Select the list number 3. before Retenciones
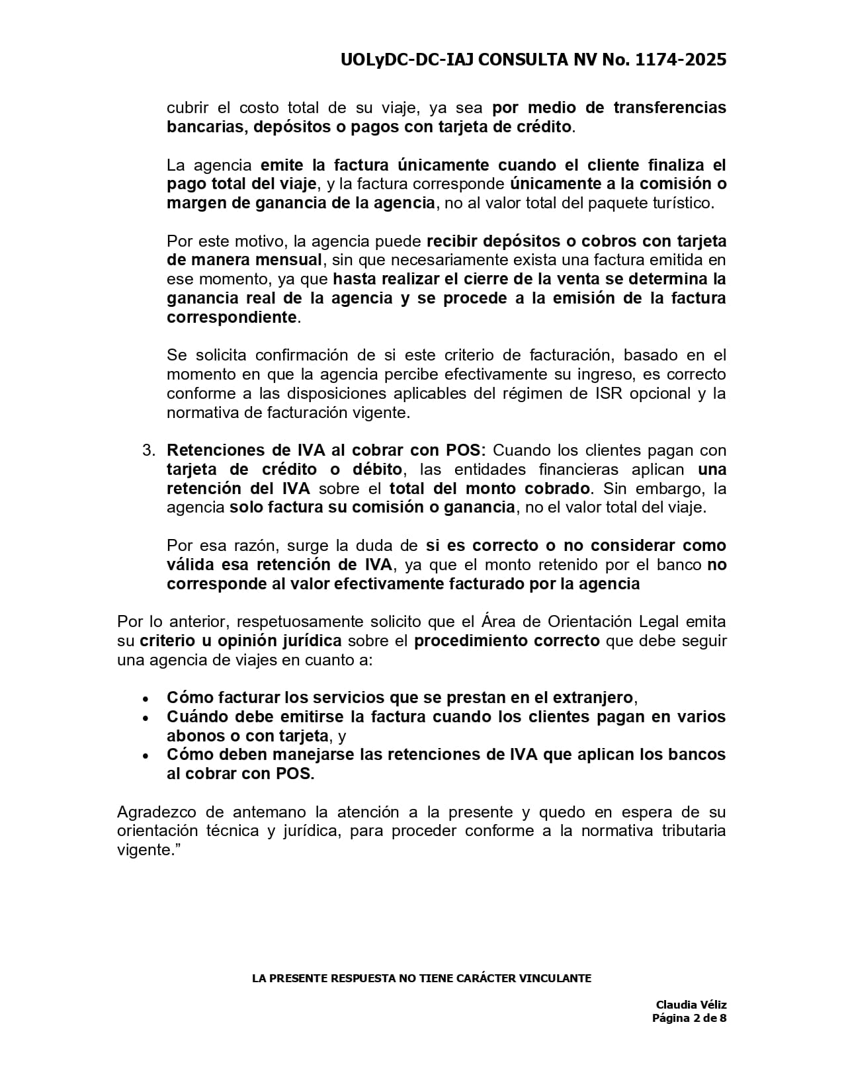(x=149, y=450)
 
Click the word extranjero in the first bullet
(x=593, y=698)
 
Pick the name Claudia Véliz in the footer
(x=691, y=1005)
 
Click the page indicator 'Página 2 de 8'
(x=689, y=1018)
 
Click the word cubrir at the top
(x=187, y=108)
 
